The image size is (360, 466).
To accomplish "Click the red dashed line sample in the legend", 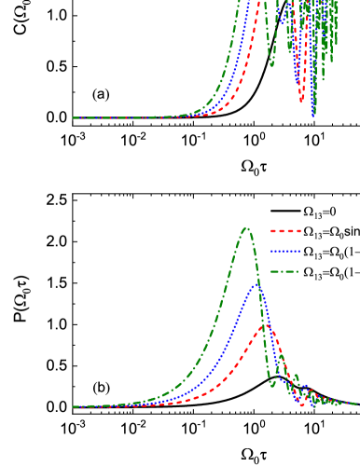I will pos(285,231).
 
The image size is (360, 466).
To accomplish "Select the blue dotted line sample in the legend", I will pos(285,252).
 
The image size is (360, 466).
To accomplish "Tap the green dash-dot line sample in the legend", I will pos(285,272).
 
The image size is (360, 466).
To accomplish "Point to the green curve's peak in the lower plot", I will pos(246,227).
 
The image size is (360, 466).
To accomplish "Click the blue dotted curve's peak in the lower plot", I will pos(257,284).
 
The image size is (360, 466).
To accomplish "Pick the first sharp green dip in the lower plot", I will pos(272,385).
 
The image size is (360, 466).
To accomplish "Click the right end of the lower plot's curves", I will pos(355,404).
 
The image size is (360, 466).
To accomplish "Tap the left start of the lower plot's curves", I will pos(74,407).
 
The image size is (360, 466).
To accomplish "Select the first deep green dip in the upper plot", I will pos(272,65).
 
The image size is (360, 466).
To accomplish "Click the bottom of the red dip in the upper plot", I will pos(302,101).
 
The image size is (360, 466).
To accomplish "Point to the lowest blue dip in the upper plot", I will pos(313,114).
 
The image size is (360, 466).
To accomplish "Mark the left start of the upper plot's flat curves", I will pos(74,118).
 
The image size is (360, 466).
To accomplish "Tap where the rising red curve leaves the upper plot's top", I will pos(260,2).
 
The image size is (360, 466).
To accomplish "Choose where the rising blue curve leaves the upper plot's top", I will pos(251,2).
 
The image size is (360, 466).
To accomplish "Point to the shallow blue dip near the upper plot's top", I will pos(278,21).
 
